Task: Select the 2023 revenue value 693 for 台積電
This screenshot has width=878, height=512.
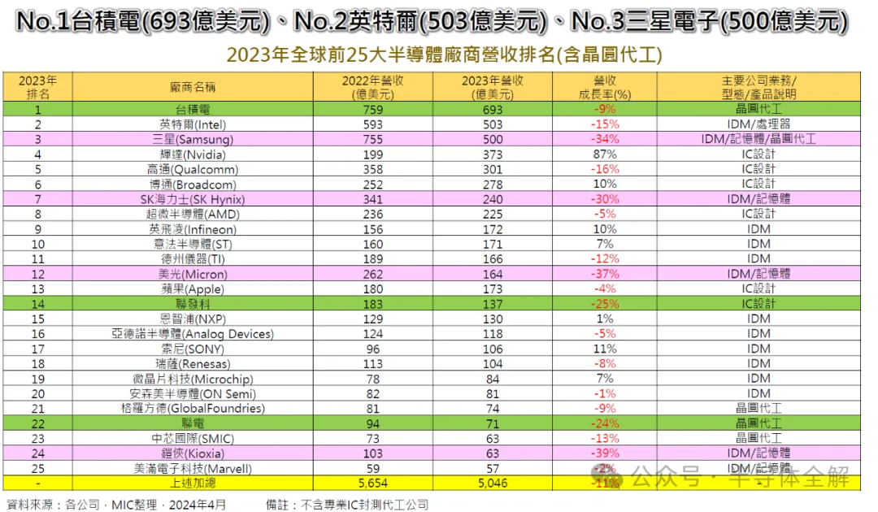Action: [x=493, y=110]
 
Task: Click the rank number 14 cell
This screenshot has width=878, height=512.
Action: [x=37, y=303]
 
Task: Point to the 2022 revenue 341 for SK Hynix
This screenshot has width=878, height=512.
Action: [x=375, y=199]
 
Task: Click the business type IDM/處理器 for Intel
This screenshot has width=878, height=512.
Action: [x=758, y=124]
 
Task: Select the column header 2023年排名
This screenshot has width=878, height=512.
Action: [x=37, y=87]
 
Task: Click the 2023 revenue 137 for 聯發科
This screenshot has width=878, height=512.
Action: [x=493, y=303]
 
